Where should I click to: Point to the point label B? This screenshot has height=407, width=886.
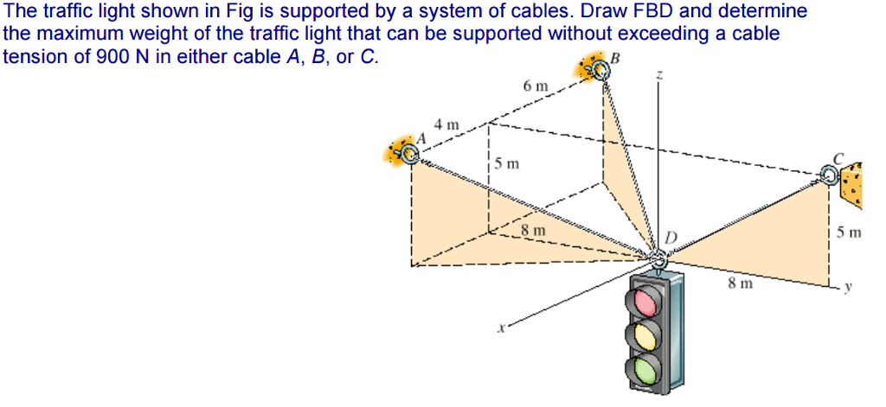click(x=616, y=58)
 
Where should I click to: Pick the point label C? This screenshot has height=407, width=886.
click(x=838, y=158)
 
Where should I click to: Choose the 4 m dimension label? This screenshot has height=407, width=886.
click(x=447, y=124)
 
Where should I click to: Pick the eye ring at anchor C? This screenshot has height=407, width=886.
click(x=829, y=176)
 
